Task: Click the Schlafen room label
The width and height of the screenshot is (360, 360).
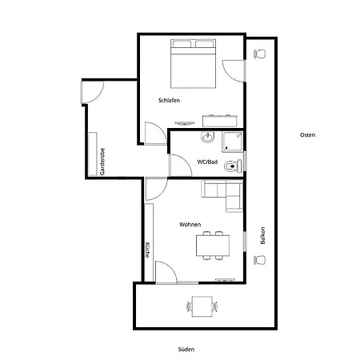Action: [x=169, y=101]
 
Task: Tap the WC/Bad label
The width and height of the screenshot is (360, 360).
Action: [x=207, y=162]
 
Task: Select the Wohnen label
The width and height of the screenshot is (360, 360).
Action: [x=190, y=225]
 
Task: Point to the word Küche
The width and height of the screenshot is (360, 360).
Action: [x=147, y=250]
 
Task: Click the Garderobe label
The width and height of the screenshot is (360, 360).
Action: [x=102, y=162]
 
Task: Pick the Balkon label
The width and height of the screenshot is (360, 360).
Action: [x=262, y=235]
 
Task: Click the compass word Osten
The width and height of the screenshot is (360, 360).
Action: [x=307, y=135]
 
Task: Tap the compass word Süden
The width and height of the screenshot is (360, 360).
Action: [x=186, y=350]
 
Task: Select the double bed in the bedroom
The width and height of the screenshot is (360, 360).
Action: [x=193, y=64]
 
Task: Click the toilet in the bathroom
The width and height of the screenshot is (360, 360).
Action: [x=234, y=166]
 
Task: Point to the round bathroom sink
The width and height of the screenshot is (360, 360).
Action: [x=207, y=137]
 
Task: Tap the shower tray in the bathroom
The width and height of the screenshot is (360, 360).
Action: [x=232, y=142]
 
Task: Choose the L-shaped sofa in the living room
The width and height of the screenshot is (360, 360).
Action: [x=222, y=196]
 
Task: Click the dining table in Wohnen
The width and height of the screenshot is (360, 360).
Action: [x=213, y=246]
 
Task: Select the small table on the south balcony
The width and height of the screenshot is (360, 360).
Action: [x=202, y=306]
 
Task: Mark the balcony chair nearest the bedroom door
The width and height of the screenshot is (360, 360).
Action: [x=260, y=54]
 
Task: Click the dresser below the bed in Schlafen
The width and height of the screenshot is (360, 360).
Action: [x=219, y=121]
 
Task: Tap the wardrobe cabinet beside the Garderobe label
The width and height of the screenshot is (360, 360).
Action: [x=93, y=154]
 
